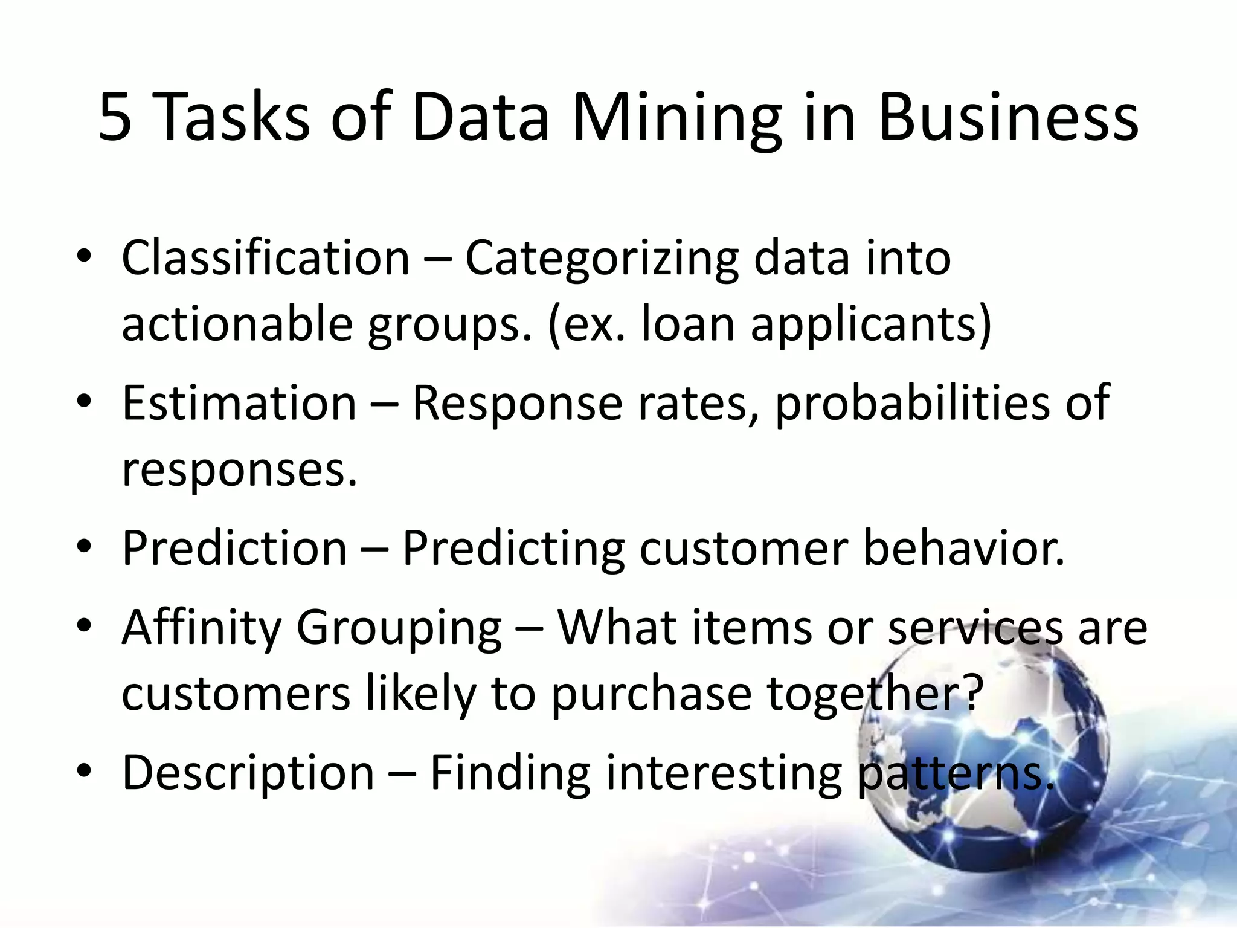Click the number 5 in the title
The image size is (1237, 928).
point(115,118)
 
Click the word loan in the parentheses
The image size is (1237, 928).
point(687,324)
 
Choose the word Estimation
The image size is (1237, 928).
point(239,403)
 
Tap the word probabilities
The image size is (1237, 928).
point(912,403)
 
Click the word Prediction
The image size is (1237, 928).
point(234,548)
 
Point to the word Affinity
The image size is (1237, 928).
point(202,628)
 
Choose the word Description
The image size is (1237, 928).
point(248,773)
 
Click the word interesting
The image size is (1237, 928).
point(724,773)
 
